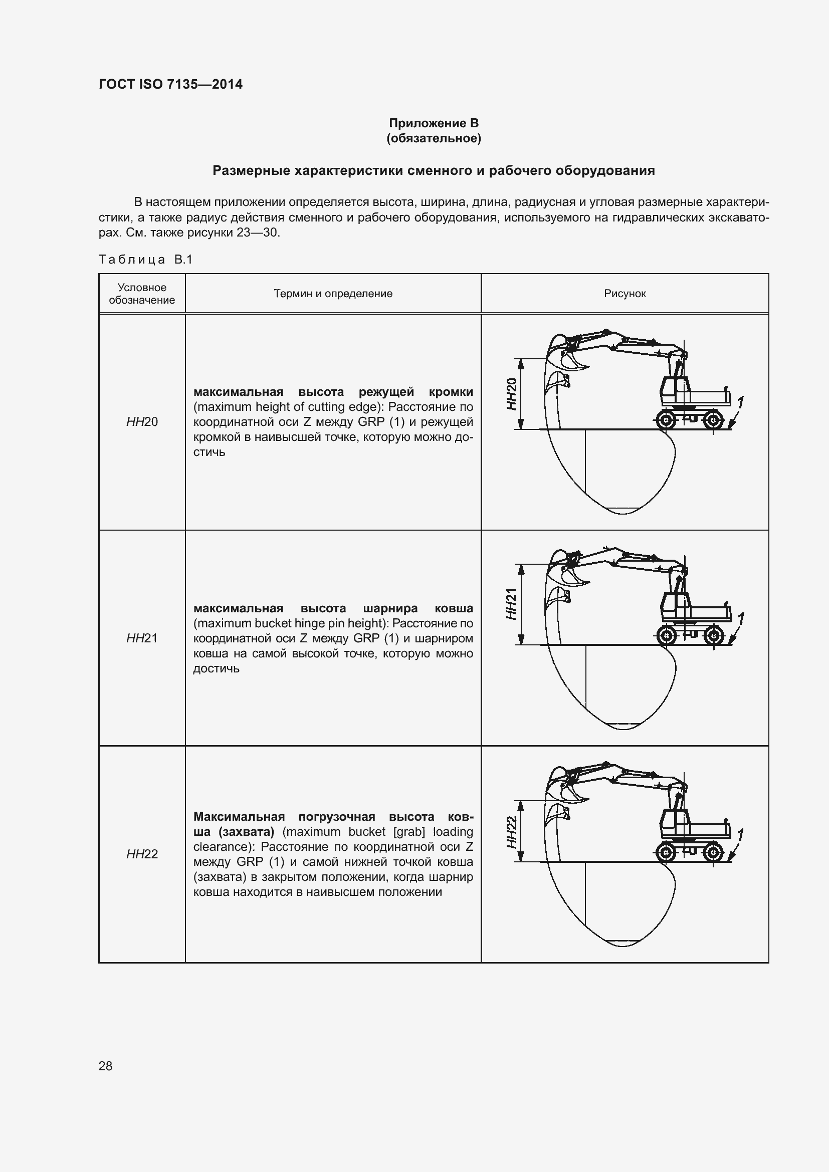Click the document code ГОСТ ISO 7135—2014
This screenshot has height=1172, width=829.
[170, 84]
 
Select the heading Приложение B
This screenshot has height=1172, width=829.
[434, 123]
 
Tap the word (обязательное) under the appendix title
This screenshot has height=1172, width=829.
[434, 138]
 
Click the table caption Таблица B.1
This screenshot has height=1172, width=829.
[145, 260]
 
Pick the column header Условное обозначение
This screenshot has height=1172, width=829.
[141, 294]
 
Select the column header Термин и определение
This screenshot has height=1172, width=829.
[333, 294]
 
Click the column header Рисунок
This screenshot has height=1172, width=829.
[625, 294]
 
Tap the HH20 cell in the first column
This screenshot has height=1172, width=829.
[142, 421]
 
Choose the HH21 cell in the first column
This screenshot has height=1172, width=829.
[142, 638]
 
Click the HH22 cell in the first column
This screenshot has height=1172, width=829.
[142, 854]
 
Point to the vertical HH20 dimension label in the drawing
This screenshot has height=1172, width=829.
[512, 393]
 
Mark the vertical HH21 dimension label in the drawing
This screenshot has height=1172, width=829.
[512, 604]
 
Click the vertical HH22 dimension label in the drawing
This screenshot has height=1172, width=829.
[512, 832]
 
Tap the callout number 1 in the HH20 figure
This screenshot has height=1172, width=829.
[740, 403]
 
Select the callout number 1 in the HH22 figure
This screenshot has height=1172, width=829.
[740, 835]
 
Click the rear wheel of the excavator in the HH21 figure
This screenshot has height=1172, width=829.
[714, 636]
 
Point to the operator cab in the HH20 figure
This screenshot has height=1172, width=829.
[674, 390]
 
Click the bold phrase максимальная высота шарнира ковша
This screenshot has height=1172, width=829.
[333, 608]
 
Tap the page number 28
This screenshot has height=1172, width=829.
[106, 1066]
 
